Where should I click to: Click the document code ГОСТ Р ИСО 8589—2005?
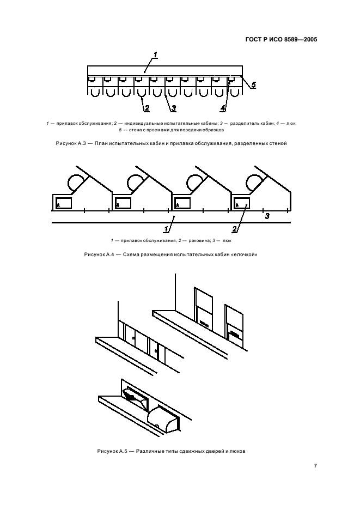tap(281, 40)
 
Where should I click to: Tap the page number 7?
tap(315, 466)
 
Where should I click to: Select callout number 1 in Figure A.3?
tap(155, 54)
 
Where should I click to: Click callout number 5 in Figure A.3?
tap(253, 85)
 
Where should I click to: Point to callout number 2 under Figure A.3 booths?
tap(147, 108)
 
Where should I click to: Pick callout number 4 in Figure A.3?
tap(223, 108)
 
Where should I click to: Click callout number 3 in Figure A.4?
tap(267, 216)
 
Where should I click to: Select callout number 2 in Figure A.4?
tap(235, 229)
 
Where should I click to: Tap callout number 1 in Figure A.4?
tap(166, 229)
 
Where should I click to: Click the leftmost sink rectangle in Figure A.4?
tap(63, 203)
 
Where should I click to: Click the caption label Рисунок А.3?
tap(71, 143)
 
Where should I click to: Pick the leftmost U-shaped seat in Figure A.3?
tap(95, 92)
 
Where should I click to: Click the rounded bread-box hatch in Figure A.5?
tap(163, 418)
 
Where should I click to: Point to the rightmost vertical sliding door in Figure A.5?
tap(234, 326)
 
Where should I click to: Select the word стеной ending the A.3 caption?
tap(278, 143)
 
